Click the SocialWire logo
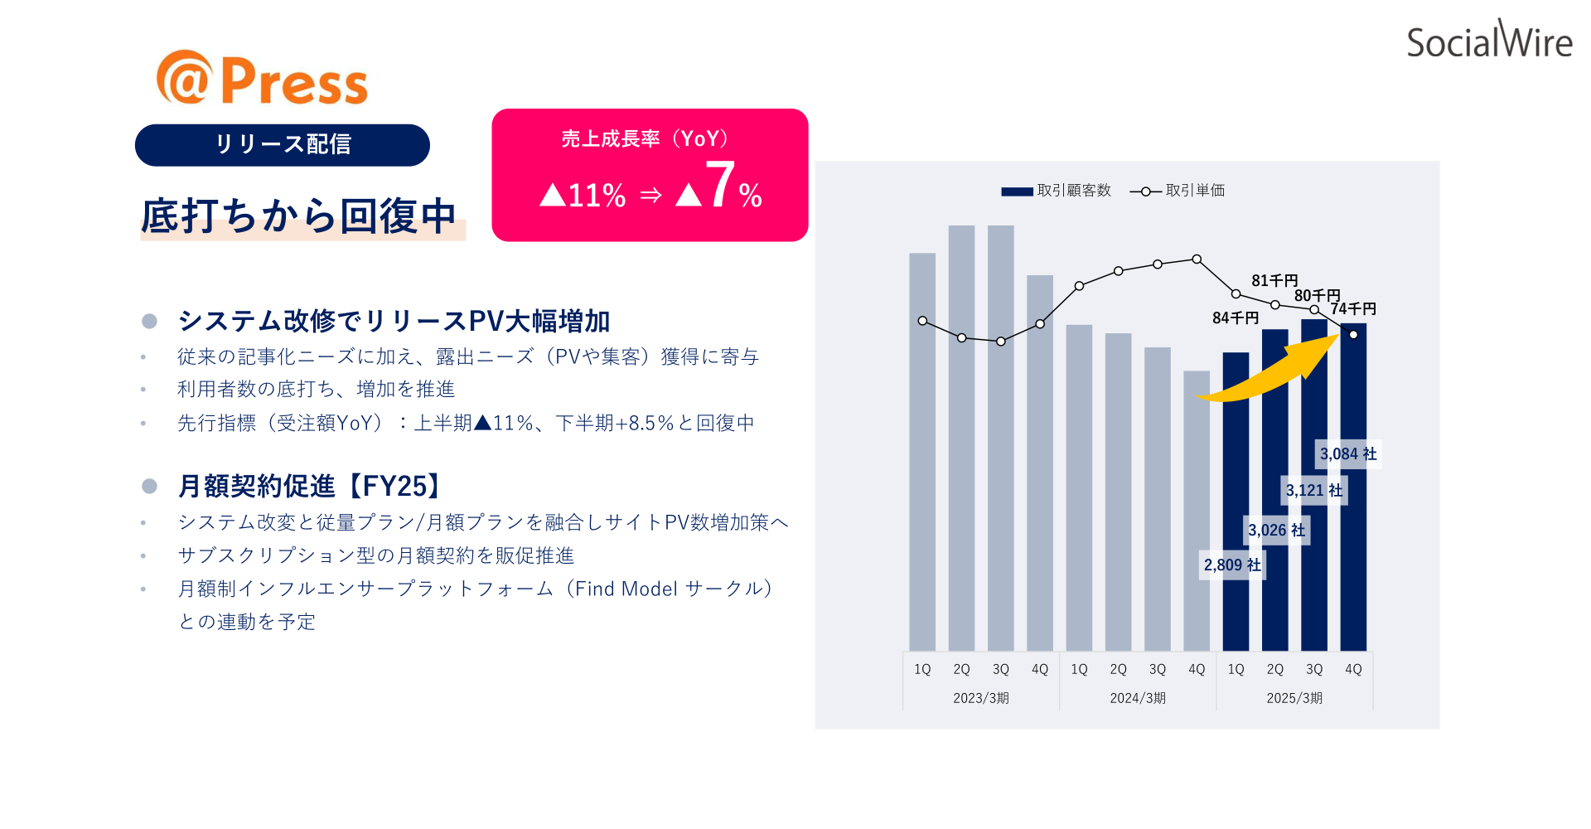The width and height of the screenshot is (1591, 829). [1489, 40]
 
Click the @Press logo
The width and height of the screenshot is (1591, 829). [262, 78]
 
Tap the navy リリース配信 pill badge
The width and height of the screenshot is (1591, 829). [283, 145]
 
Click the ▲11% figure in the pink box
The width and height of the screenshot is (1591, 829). [583, 196]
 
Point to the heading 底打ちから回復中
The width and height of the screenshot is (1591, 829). [299, 216]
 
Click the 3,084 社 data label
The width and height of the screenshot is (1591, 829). [1348, 454]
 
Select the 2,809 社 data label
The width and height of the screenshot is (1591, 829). [1232, 565]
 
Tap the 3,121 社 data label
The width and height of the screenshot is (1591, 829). [1314, 491]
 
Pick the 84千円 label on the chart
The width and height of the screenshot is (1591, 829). [1236, 318]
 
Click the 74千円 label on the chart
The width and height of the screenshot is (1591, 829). [1353, 308]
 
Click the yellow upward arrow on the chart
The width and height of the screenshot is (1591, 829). [1268, 370]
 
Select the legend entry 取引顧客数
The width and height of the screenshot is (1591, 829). [1057, 191]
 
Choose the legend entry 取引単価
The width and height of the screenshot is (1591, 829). [1178, 191]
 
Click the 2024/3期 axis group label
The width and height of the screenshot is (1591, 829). [1138, 698]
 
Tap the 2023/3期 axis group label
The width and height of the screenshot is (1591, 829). [981, 698]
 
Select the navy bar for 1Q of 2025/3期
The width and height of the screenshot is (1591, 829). [1236, 502]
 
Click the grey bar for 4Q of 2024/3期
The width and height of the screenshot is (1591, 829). [1197, 511]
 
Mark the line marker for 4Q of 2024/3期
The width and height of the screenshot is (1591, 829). [1197, 259]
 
